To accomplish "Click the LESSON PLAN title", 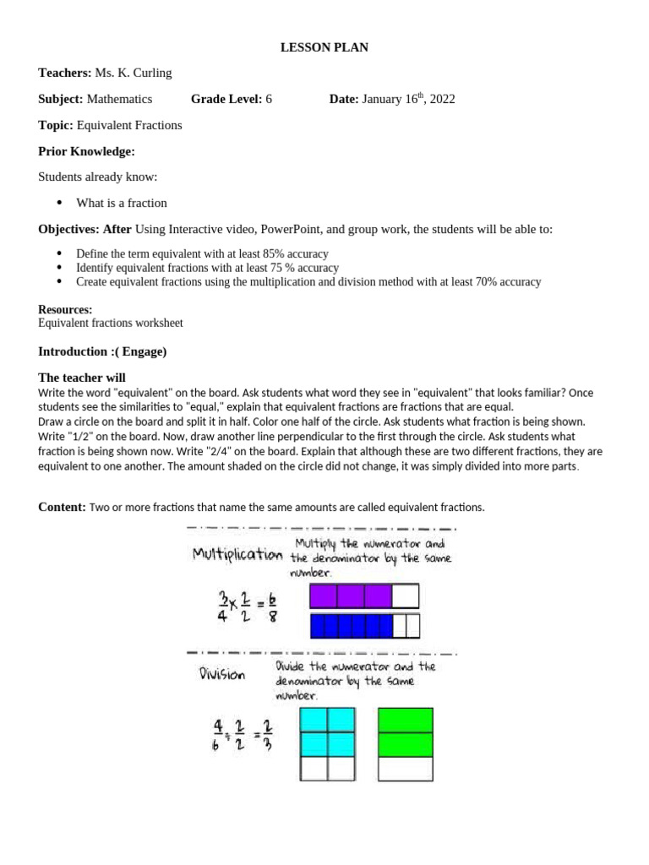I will coord(324,47).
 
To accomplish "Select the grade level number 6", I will coord(269,99).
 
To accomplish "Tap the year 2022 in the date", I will coord(442,99).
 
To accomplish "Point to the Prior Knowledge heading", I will coord(86,151).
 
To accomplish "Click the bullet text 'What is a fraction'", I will coord(122,203).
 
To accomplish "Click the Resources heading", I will coord(65,310).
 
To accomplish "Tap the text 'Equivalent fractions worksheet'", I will coord(111,323).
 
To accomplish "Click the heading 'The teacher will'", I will coord(82,378).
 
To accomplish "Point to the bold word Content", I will coord(61,507).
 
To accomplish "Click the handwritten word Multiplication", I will coord(237,554).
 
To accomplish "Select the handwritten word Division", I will coord(222,675).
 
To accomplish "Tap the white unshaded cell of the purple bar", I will coord(406,596).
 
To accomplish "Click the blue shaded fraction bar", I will coord(352,626).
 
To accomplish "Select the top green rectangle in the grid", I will coord(406,720).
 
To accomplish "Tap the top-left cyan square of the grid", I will coord(314,720).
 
